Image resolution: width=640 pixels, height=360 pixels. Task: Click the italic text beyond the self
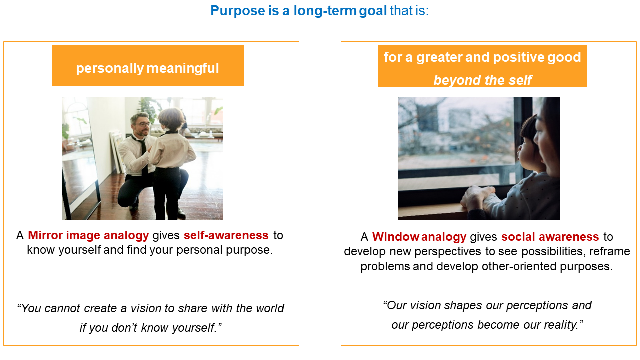(x=482, y=80)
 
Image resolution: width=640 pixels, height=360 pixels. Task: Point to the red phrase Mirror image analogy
(x=88, y=235)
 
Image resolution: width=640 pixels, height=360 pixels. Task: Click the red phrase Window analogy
(x=419, y=237)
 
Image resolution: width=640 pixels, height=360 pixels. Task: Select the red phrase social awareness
(x=550, y=237)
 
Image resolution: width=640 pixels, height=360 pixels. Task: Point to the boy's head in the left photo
(x=170, y=119)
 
